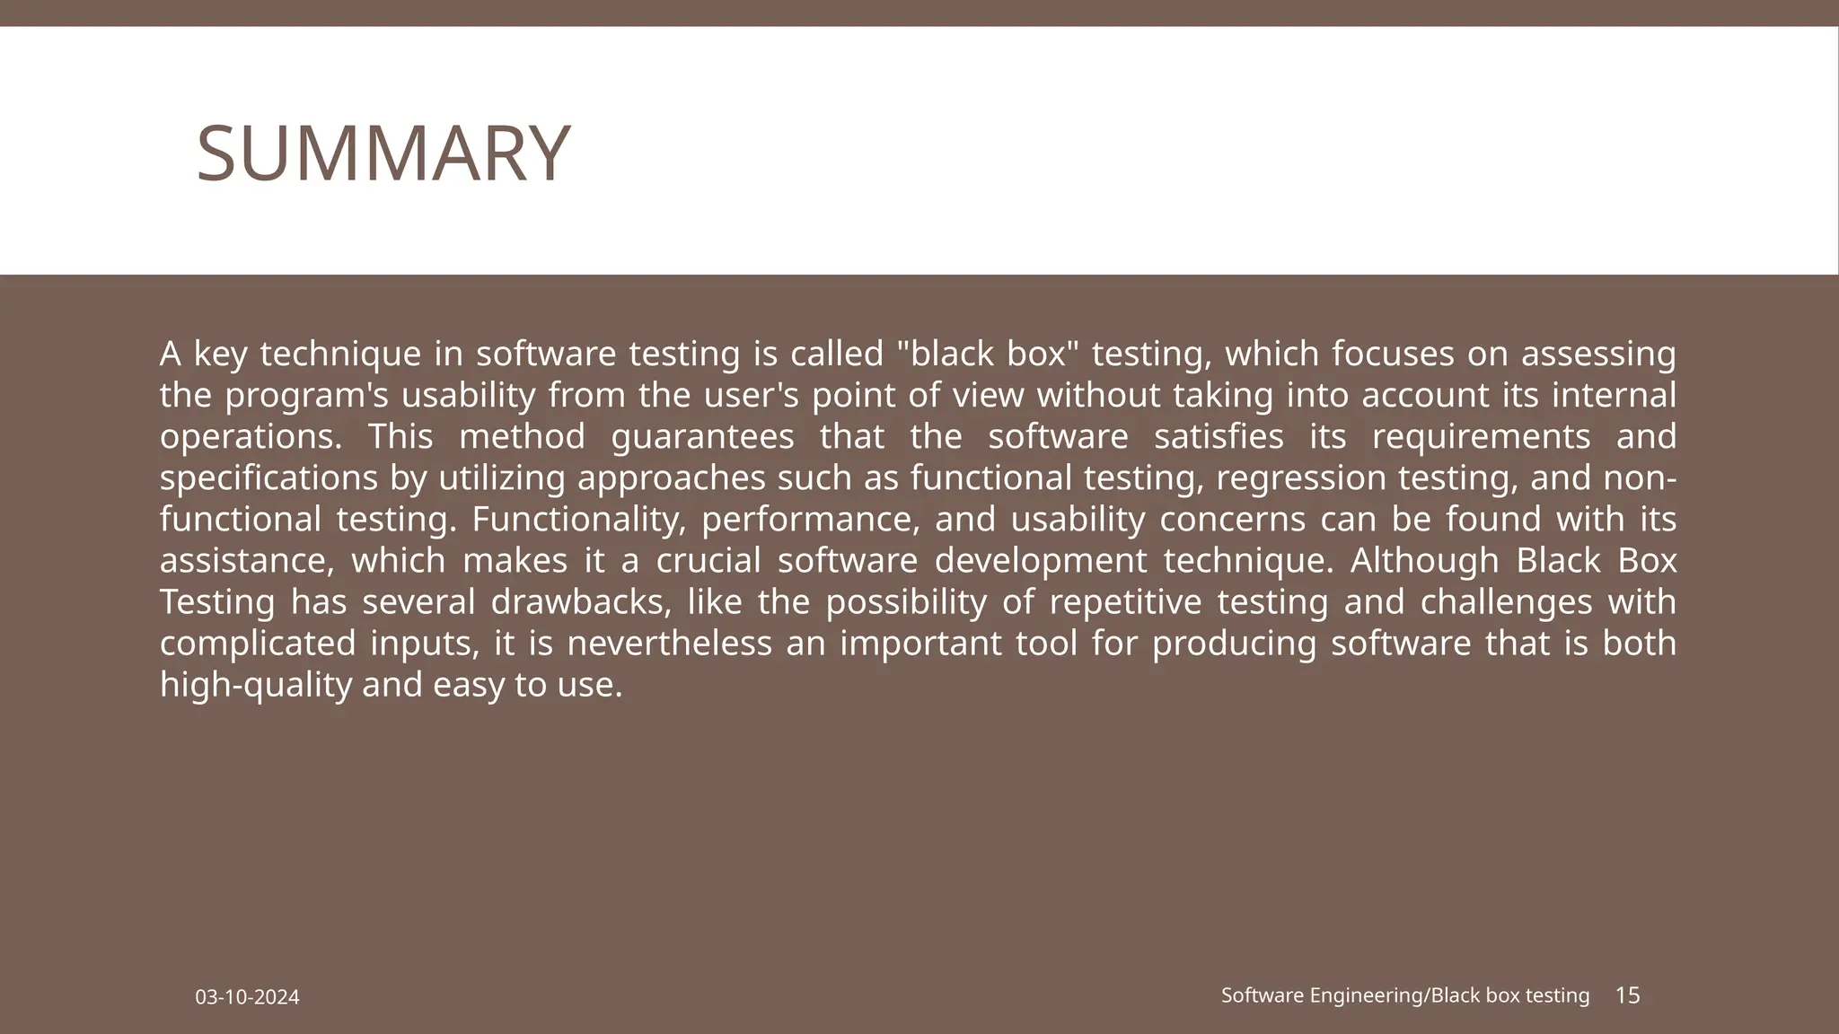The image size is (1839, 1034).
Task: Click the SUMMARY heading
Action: [x=383, y=153]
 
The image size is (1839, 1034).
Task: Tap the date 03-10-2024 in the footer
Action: [x=248, y=997]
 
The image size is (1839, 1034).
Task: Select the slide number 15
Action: [x=1627, y=995]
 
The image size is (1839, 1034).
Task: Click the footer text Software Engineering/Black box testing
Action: [x=1404, y=995]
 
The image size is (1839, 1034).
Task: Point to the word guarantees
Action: [x=702, y=437]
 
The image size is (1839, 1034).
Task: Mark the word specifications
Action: [x=268, y=478]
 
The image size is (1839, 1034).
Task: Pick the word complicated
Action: [x=257, y=644]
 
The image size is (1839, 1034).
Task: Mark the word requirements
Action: [x=1481, y=437]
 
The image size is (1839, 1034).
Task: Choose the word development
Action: [x=1041, y=561]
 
